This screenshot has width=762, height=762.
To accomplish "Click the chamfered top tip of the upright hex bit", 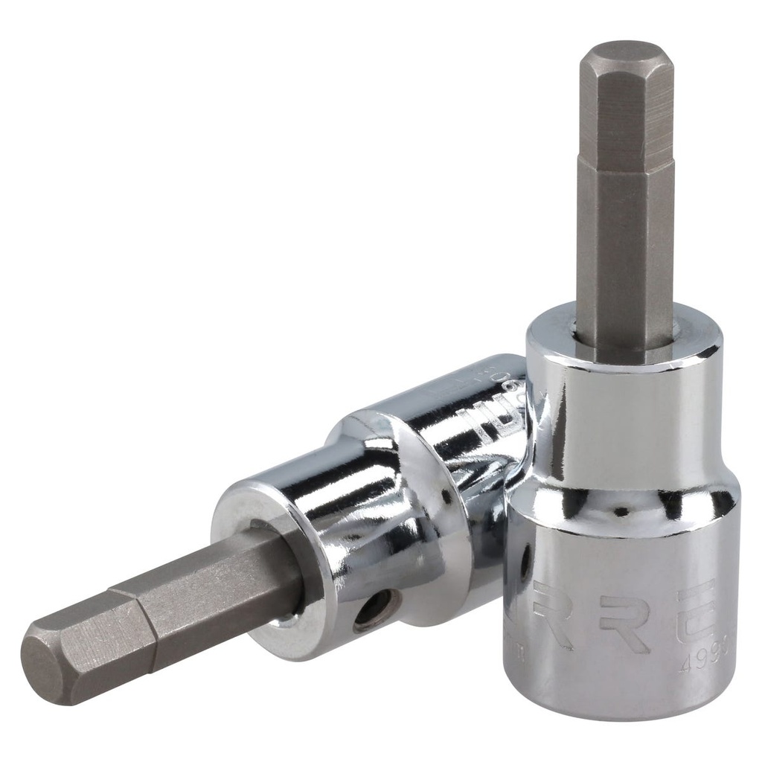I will (626, 54).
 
